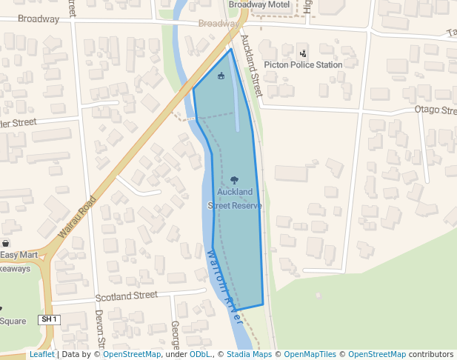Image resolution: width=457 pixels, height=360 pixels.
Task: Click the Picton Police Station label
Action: click(x=303, y=64)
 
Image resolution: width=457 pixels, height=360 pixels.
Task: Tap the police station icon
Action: click(x=302, y=53)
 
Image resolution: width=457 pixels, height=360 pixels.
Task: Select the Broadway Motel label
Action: click(x=258, y=4)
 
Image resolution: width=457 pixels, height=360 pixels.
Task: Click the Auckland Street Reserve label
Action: click(x=235, y=199)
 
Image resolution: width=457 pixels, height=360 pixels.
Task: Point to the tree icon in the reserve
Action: click(x=235, y=180)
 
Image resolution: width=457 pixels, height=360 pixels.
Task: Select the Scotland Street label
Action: click(x=127, y=296)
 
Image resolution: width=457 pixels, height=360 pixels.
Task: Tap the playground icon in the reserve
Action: click(x=221, y=76)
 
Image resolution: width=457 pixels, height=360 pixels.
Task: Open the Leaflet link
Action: click(x=41, y=355)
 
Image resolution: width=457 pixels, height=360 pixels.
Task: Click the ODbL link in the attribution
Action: click(x=199, y=355)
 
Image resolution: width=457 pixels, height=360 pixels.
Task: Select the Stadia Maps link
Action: click(x=248, y=355)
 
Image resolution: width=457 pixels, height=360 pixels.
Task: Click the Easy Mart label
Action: click(x=19, y=256)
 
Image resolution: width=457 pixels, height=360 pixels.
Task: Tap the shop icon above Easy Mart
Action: click(x=6, y=244)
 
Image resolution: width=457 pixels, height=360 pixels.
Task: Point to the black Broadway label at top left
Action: click(x=39, y=19)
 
